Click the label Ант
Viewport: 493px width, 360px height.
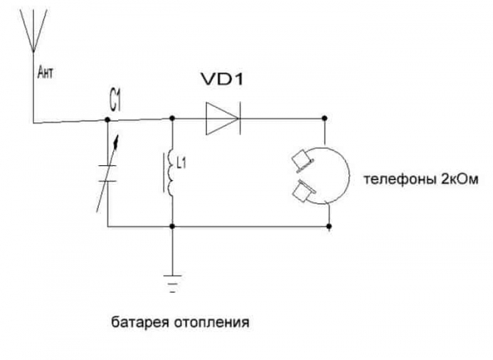[x=45, y=73]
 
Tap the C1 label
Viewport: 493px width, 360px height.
[x=115, y=102]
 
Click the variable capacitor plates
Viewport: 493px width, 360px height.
[x=108, y=173]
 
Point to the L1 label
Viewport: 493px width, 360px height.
[x=182, y=164]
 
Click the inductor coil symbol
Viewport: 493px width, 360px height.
[x=170, y=173]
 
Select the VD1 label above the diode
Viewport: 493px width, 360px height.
[x=223, y=80]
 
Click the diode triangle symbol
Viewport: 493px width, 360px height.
[x=222, y=118]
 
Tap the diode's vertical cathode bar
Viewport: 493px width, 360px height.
[x=240, y=118]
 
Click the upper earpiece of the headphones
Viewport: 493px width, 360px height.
[x=302, y=160]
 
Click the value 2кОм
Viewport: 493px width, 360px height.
[x=460, y=179]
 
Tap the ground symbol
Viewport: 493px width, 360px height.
[x=173, y=284]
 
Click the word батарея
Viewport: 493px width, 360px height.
[x=141, y=322]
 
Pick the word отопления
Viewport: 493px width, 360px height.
[x=211, y=322]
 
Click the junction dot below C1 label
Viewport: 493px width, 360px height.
[x=108, y=120]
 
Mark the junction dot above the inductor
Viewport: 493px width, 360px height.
[x=172, y=118]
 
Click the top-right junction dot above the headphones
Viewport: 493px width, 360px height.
[x=325, y=118]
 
